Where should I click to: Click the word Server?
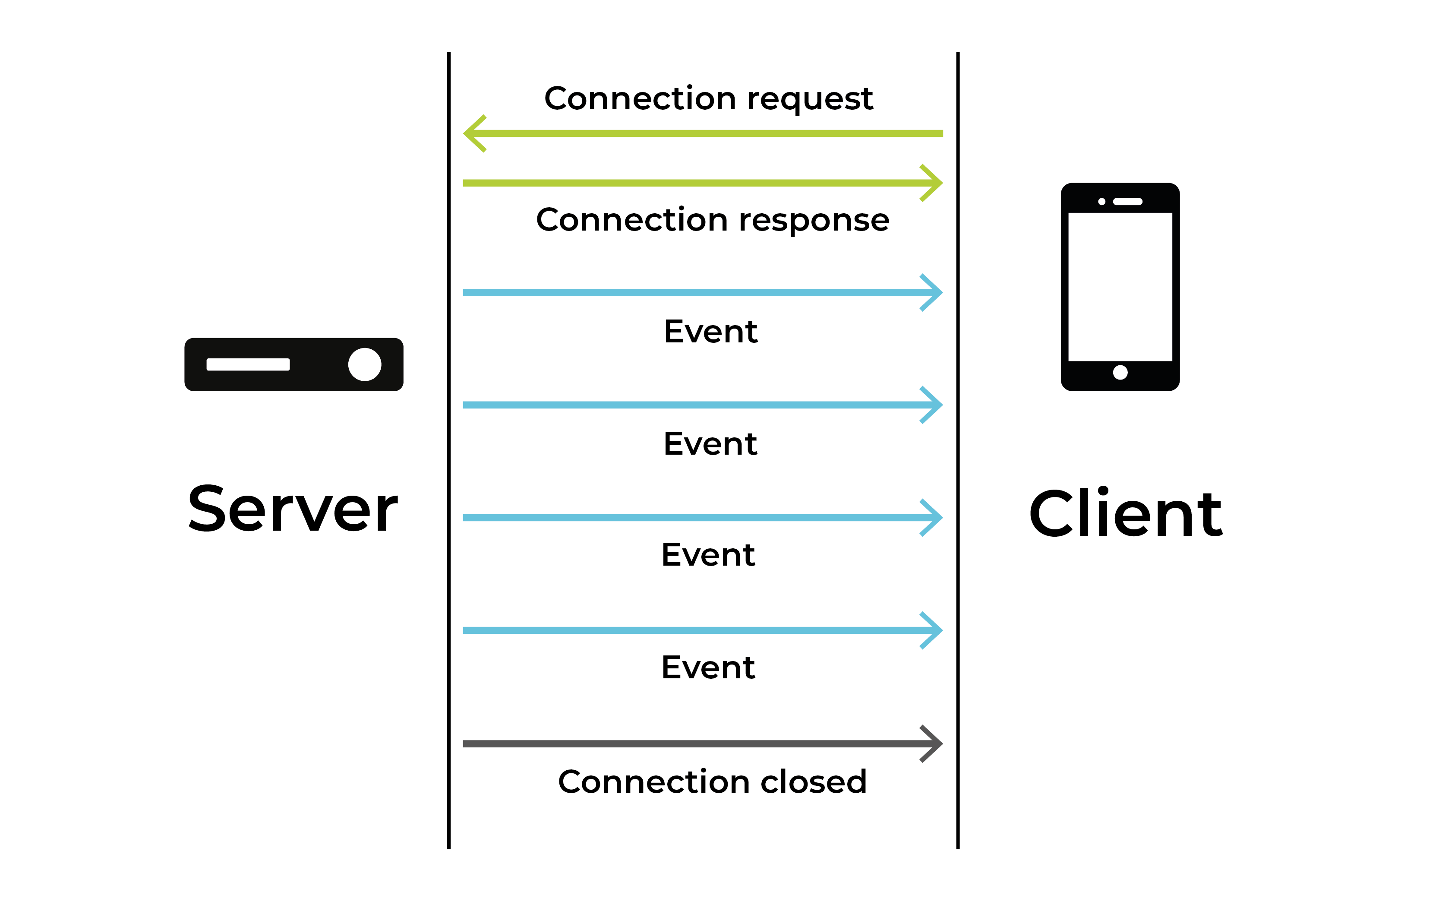tap(293, 510)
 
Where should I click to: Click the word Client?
tap(1125, 514)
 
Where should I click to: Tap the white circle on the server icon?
tap(365, 364)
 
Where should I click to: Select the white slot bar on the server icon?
tap(248, 364)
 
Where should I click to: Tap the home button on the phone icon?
tap(1120, 373)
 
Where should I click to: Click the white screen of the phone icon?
tap(1120, 287)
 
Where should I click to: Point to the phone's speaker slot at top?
tap(1127, 202)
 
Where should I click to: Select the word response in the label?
tap(814, 221)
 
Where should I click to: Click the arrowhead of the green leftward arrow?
tap(473, 133)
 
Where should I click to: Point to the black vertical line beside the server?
tap(448, 450)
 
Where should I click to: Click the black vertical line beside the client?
tap(957, 450)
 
